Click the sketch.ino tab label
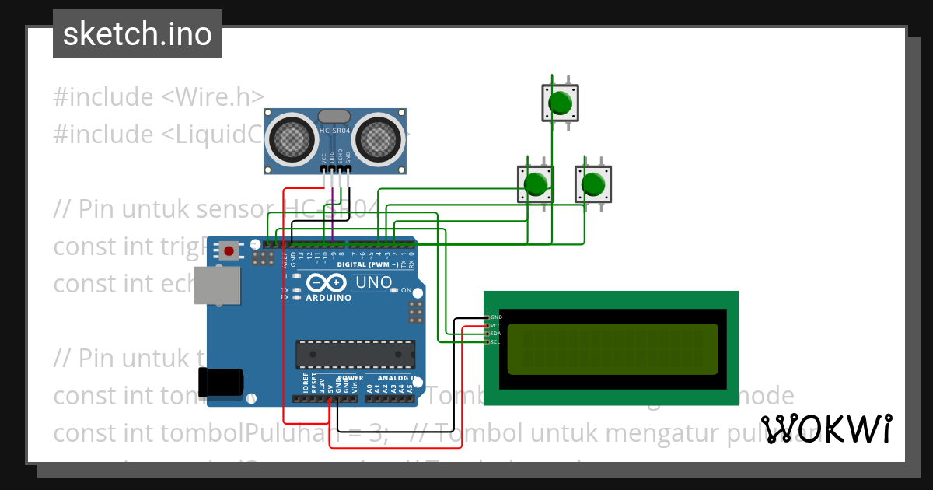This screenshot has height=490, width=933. [137, 34]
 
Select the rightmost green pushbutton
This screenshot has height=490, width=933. [592, 184]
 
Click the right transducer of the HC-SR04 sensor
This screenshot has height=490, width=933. [379, 139]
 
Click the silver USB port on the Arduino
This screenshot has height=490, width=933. [218, 285]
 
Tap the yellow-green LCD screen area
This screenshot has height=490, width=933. [613, 349]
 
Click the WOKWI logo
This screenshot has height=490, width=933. [826, 429]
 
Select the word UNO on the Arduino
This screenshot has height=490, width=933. [372, 282]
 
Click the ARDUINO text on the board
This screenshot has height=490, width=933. [328, 298]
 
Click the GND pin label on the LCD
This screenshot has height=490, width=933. [496, 317]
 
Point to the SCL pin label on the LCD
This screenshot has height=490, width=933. [496, 341]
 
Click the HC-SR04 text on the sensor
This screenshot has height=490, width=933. [335, 131]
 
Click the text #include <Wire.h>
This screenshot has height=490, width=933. [159, 97]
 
